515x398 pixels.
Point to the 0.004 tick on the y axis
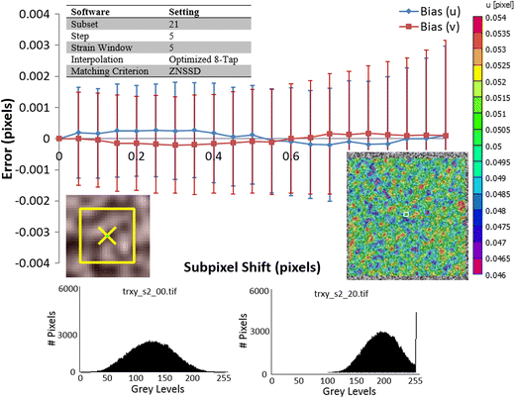(x=34, y=13)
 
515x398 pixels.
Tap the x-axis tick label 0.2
(x=136, y=156)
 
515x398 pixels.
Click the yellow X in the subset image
(x=106, y=234)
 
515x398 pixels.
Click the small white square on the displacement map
(x=405, y=211)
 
